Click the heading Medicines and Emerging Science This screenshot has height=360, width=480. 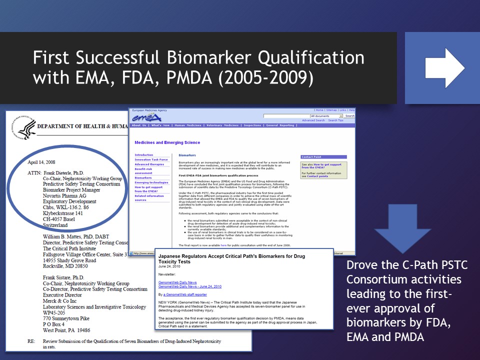coord(167,142)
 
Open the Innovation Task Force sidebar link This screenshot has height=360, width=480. coord(151,159)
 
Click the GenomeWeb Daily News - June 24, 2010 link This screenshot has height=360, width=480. coord(189,286)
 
